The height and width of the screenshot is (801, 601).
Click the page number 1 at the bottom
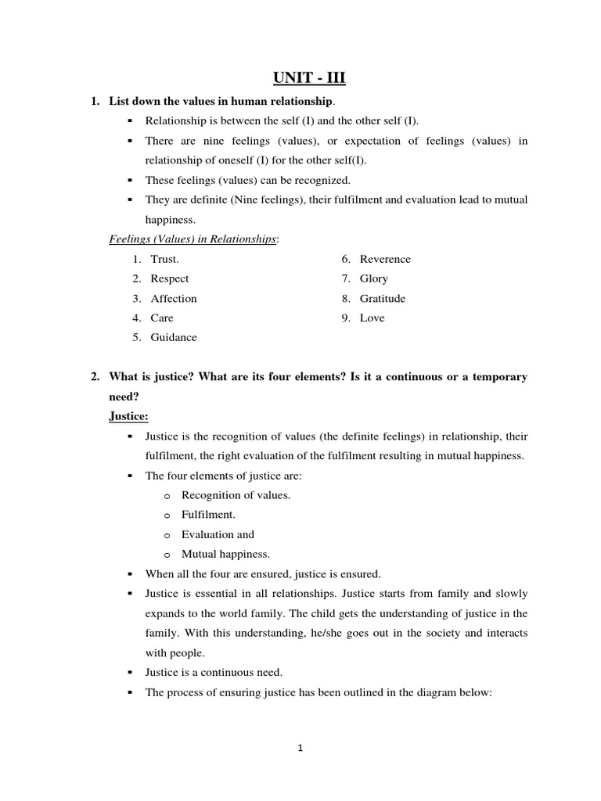[300, 748]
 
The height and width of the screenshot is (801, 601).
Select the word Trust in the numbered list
[165, 259]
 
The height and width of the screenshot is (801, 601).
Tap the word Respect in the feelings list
[170, 278]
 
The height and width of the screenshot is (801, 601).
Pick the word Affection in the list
[174, 298]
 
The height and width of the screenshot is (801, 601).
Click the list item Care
[162, 318]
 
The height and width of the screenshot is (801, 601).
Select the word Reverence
[385, 259]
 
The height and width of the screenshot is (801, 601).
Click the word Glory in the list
[374, 278]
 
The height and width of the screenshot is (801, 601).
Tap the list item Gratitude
[383, 298]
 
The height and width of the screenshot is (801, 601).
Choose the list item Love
[372, 318]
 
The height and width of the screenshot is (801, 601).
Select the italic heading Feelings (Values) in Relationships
[193, 239]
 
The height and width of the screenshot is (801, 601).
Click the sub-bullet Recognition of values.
[236, 495]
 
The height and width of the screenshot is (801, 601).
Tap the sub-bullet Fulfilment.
[208, 515]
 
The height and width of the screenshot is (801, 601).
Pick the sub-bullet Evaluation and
[218, 534]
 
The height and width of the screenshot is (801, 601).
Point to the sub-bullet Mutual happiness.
[225, 554]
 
